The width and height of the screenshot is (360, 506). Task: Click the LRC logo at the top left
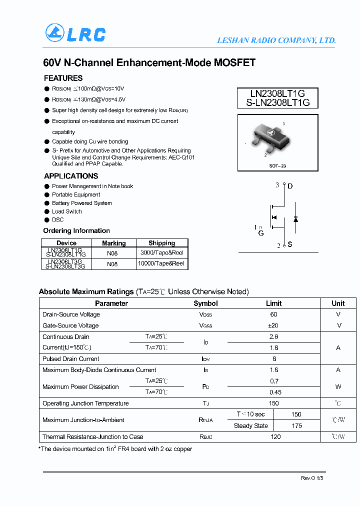(x=75, y=33)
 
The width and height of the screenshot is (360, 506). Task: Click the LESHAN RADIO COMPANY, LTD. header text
(x=276, y=40)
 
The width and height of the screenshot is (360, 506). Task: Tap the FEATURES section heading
(x=63, y=78)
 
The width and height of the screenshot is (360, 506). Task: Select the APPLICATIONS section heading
(x=71, y=176)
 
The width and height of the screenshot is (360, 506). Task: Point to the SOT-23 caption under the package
(x=277, y=165)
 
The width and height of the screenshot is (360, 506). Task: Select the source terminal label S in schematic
(x=289, y=244)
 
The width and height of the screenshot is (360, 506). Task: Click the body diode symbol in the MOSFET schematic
(x=295, y=219)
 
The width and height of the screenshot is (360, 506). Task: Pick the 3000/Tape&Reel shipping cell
(x=162, y=252)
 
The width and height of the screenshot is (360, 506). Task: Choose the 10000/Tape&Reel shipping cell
(x=162, y=263)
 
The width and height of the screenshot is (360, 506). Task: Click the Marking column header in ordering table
(x=113, y=243)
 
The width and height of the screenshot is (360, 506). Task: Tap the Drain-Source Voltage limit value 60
(x=273, y=314)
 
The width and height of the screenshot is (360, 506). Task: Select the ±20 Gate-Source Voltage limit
(x=273, y=325)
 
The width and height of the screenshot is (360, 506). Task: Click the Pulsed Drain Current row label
(x=71, y=359)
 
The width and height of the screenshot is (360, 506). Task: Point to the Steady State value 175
(x=296, y=426)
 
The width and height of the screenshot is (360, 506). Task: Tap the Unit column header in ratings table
(x=338, y=303)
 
